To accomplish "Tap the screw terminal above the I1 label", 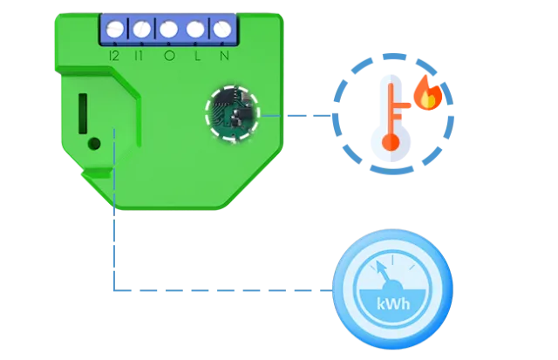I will [142, 28].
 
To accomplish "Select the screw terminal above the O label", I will [168, 28].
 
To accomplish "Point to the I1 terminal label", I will [141, 57].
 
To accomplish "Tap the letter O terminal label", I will [169, 57].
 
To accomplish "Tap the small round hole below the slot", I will [95, 142].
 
